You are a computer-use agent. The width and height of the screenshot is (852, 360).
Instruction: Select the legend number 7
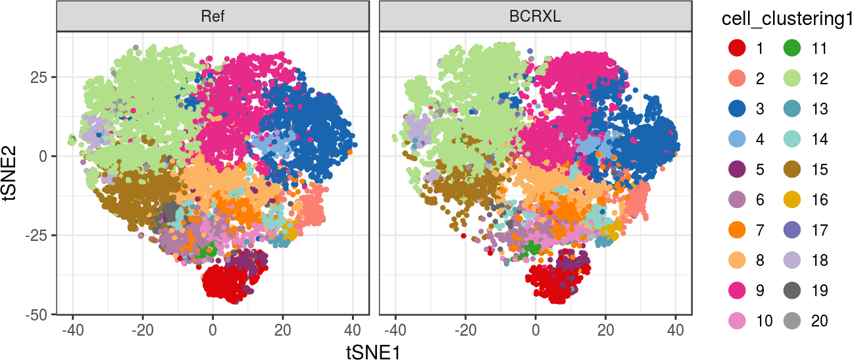coord(760,230)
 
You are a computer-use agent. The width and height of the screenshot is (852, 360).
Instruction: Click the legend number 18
coord(819,260)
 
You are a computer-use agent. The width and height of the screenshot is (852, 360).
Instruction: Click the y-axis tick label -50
coord(38,315)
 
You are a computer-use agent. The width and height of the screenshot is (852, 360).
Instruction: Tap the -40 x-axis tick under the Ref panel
coord(72,329)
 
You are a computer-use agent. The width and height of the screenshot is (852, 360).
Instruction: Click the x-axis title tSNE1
coord(373,351)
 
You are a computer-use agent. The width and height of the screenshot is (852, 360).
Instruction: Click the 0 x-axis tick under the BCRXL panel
coord(536,329)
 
